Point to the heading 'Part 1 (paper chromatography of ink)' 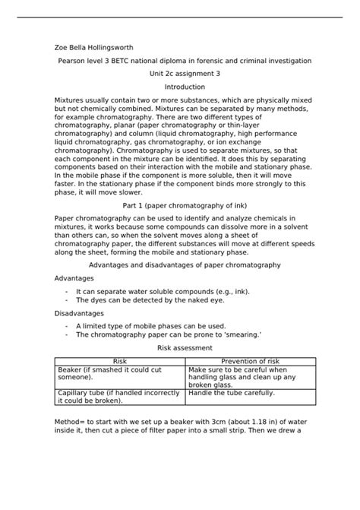(179, 206)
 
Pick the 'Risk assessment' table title (179, 347)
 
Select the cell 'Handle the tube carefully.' (232, 394)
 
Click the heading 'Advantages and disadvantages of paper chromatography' (179, 265)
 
